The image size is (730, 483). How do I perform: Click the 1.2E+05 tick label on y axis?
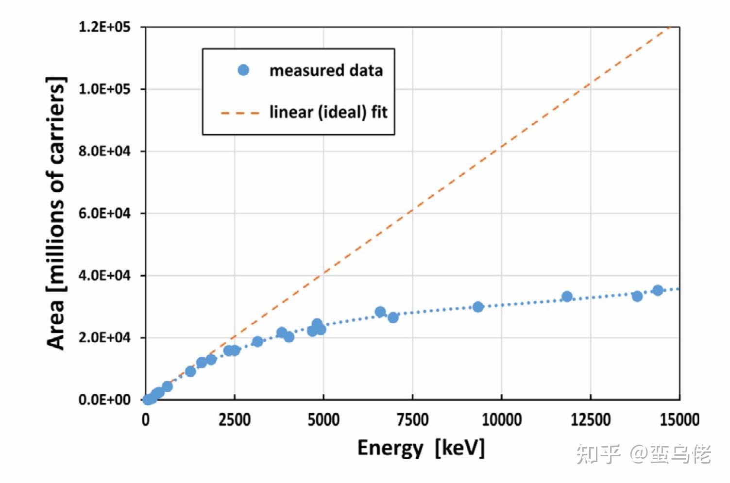[104, 27]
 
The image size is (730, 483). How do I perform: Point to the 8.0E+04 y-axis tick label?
[104, 151]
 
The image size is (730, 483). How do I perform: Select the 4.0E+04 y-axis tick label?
[104, 275]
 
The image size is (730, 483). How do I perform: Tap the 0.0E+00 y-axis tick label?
[104, 400]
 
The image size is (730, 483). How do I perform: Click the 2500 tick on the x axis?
[235, 419]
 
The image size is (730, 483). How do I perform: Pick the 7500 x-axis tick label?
[412, 419]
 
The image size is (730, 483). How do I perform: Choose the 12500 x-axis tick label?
[590, 419]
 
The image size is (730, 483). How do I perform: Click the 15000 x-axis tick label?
[679, 419]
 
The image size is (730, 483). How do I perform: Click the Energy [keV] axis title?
[421, 448]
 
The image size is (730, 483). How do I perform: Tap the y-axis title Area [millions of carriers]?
[56, 213]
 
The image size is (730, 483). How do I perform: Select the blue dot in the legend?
[243, 70]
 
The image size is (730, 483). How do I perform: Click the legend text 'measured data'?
[326, 70]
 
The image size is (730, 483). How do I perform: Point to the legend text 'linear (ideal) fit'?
[328, 112]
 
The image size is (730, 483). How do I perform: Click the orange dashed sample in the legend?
[240, 113]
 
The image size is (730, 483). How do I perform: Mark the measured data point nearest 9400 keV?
[478, 307]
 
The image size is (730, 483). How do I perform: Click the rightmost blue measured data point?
[658, 290]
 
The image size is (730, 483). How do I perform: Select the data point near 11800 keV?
[567, 297]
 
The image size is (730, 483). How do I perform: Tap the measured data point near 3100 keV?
[257, 341]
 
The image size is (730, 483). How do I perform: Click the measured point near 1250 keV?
[190, 371]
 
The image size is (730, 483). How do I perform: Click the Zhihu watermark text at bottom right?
[644, 454]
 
